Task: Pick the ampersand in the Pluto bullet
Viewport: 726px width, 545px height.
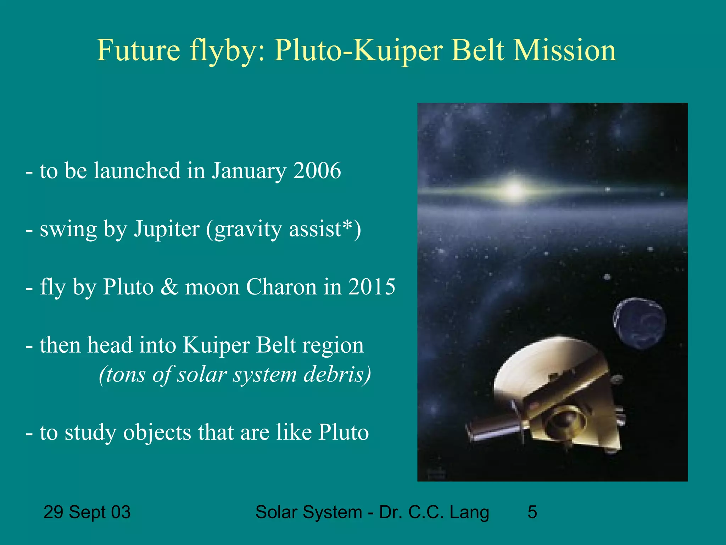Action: click(169, 287)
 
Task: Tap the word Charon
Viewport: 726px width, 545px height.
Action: click(281, 287)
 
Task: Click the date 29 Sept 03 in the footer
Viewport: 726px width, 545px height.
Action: click(87, 512)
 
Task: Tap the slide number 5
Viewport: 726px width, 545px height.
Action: click(532, 512)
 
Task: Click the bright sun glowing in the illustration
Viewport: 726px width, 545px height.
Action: click(514, 189)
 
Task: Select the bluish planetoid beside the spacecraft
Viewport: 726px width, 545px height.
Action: click(640, 323)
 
